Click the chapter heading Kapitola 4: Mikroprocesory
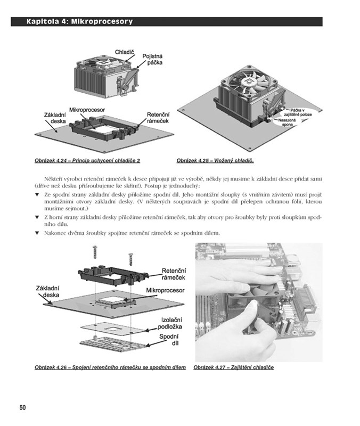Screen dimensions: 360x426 tap(79, 21)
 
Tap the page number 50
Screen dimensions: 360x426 tap(23, 407)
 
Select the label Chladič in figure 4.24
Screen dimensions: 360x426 tap(124, 52)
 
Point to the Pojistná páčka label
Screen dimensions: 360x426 tap(152, 59)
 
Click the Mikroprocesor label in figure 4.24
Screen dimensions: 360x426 tap(87, 110)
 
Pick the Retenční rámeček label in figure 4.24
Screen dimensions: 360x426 tap(158, 118)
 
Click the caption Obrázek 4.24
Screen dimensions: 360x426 tap(87, 161)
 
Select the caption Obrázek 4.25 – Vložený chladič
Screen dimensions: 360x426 tap(215, 161)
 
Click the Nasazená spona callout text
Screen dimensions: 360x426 tap(287, 122)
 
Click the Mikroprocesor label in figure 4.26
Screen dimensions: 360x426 tap(165, 290)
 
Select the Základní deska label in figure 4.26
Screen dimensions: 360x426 tap(47, 291)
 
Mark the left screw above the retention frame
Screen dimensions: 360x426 tap(95, 252)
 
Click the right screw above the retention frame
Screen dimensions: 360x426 tap(130, 259)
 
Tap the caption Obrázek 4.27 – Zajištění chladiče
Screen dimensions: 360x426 tap(234, 367)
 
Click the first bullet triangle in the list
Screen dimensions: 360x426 tap(37, 194)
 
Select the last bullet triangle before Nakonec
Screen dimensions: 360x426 tap(37, 233)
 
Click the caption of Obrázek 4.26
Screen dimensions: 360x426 tap(110, 367)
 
